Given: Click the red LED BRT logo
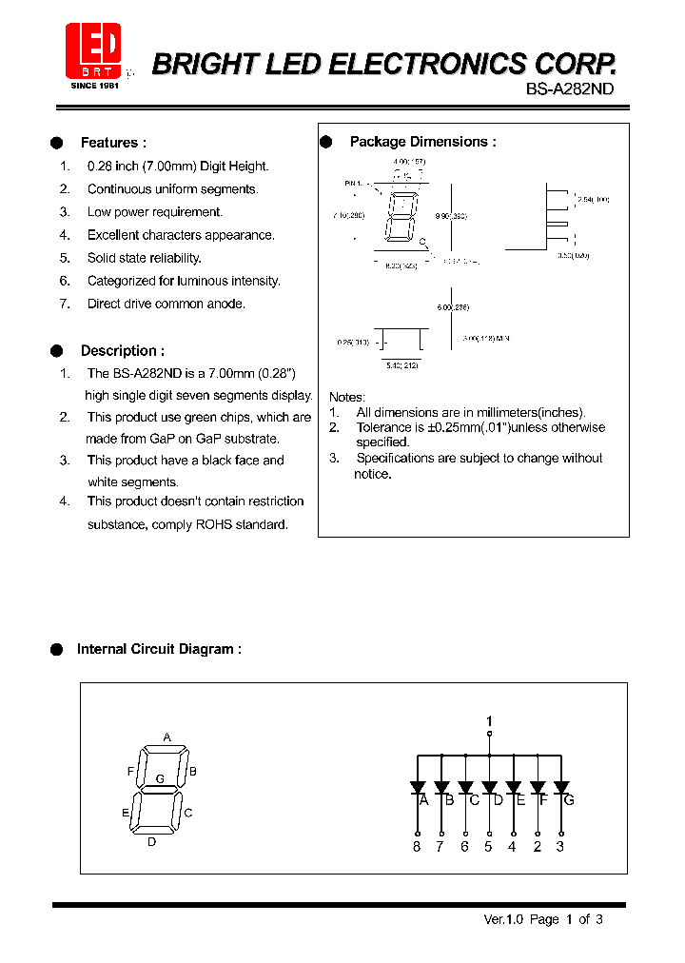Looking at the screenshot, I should [93, 49].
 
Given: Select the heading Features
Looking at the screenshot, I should [113, 143].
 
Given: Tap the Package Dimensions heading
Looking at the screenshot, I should [422, 142].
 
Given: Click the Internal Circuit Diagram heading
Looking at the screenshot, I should [159, 649].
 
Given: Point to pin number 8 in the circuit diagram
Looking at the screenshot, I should [417, 847].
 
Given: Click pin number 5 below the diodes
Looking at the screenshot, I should [488, 847].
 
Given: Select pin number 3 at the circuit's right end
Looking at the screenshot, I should [560, 847].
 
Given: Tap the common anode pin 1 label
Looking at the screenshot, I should [489, 720].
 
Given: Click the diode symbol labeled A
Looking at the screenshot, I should [418, 788].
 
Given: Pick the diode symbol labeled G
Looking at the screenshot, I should [561, 788].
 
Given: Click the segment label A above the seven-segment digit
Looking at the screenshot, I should [166, 737].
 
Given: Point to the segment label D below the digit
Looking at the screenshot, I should [151, 841].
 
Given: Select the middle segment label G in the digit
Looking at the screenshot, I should [160, 778].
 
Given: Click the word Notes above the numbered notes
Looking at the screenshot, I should [346, 397].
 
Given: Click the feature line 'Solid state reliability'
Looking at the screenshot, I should [145, 258].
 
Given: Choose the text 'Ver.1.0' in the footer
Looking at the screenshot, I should [504, 919].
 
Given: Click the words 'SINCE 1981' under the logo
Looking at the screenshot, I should [93, 86].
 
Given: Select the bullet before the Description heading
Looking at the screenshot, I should [56, 350].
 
